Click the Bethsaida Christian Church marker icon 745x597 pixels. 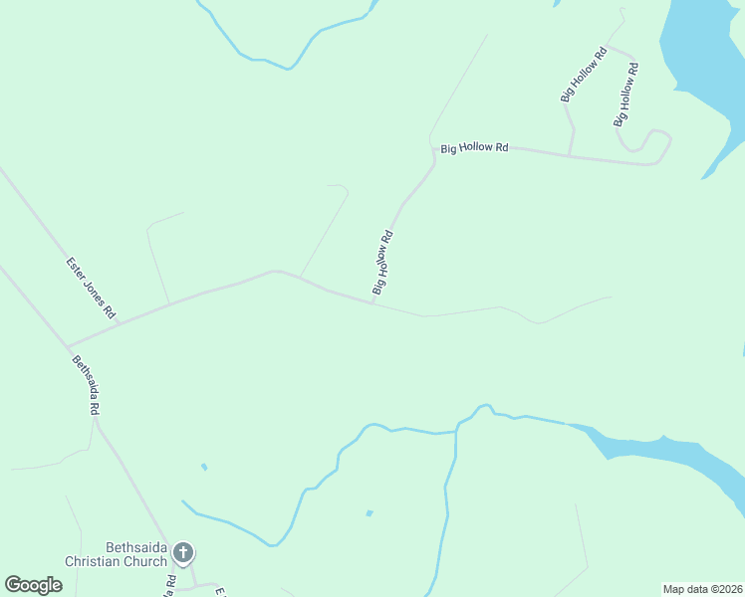(x=182, y=552)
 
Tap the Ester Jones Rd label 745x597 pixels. (x=92, y=287)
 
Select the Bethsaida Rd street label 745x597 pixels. (x=87, y=385)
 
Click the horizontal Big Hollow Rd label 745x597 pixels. (x=474, y=148)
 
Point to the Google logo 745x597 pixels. (x=34, y=585)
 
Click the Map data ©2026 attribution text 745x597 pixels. (x=701, y=589)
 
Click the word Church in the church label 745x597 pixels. (x=149, y=562)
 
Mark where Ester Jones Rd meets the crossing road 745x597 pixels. (x=119, y=323)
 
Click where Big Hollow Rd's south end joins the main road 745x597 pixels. (x=373, y=302)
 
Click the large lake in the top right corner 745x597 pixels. (x=707, y=50)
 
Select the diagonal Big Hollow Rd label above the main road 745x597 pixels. (x=383, y=263)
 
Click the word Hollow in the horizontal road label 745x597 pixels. (x=476, y=148)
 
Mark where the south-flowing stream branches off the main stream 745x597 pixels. (x=456, y=430)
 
